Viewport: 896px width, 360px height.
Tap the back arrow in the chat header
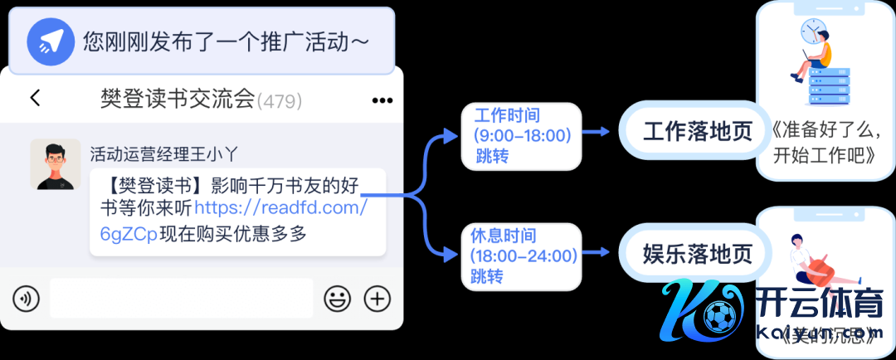pos(35,98)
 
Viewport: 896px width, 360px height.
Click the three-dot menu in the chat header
pos(382,100)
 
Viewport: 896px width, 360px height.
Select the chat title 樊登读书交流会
pos(177,100)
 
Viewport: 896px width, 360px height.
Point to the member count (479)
pos(280,101)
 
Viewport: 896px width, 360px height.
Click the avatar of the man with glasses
pos(56,164)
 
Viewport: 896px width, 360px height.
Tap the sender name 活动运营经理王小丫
pos(157,153)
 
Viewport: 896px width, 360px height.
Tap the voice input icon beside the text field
pos(27,299)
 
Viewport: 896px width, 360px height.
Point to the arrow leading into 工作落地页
pos(599,132)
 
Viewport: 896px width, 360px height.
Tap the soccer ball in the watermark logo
pos(715,315)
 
